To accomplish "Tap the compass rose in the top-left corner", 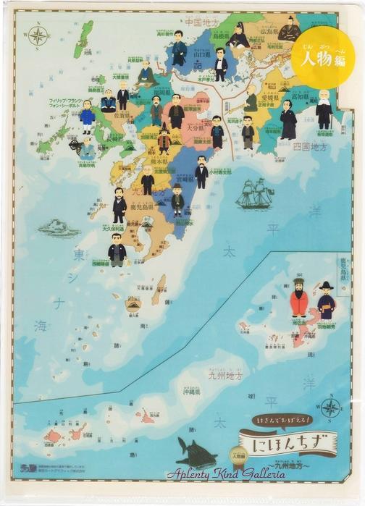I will (37, 34).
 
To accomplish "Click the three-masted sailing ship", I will (254, 194).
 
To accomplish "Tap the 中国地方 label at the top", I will (185, 22).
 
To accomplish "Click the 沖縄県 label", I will (190, 391).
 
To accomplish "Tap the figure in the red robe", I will (298, 298).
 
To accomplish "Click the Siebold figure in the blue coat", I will (87, 117).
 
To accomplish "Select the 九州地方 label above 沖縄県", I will (226, 376).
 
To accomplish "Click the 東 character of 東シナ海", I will (78, 255).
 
